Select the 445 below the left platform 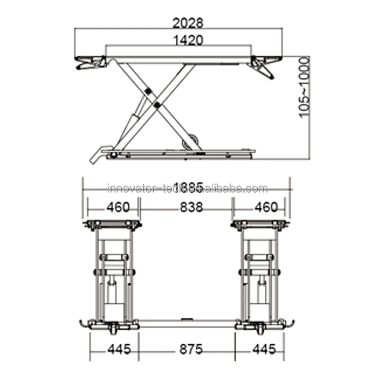coord(112,349)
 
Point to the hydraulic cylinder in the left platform coord(111,293)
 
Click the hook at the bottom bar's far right coord(291,323)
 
